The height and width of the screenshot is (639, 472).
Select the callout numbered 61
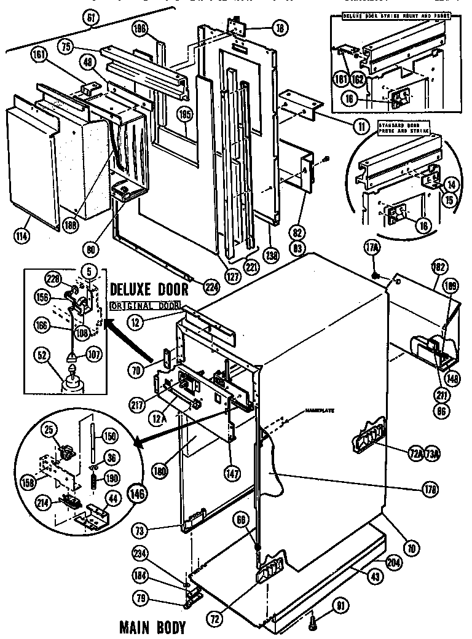(92, 19)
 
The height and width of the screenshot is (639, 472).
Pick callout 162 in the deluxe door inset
(358, 79)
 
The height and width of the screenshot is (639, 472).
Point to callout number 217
(137, 404)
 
